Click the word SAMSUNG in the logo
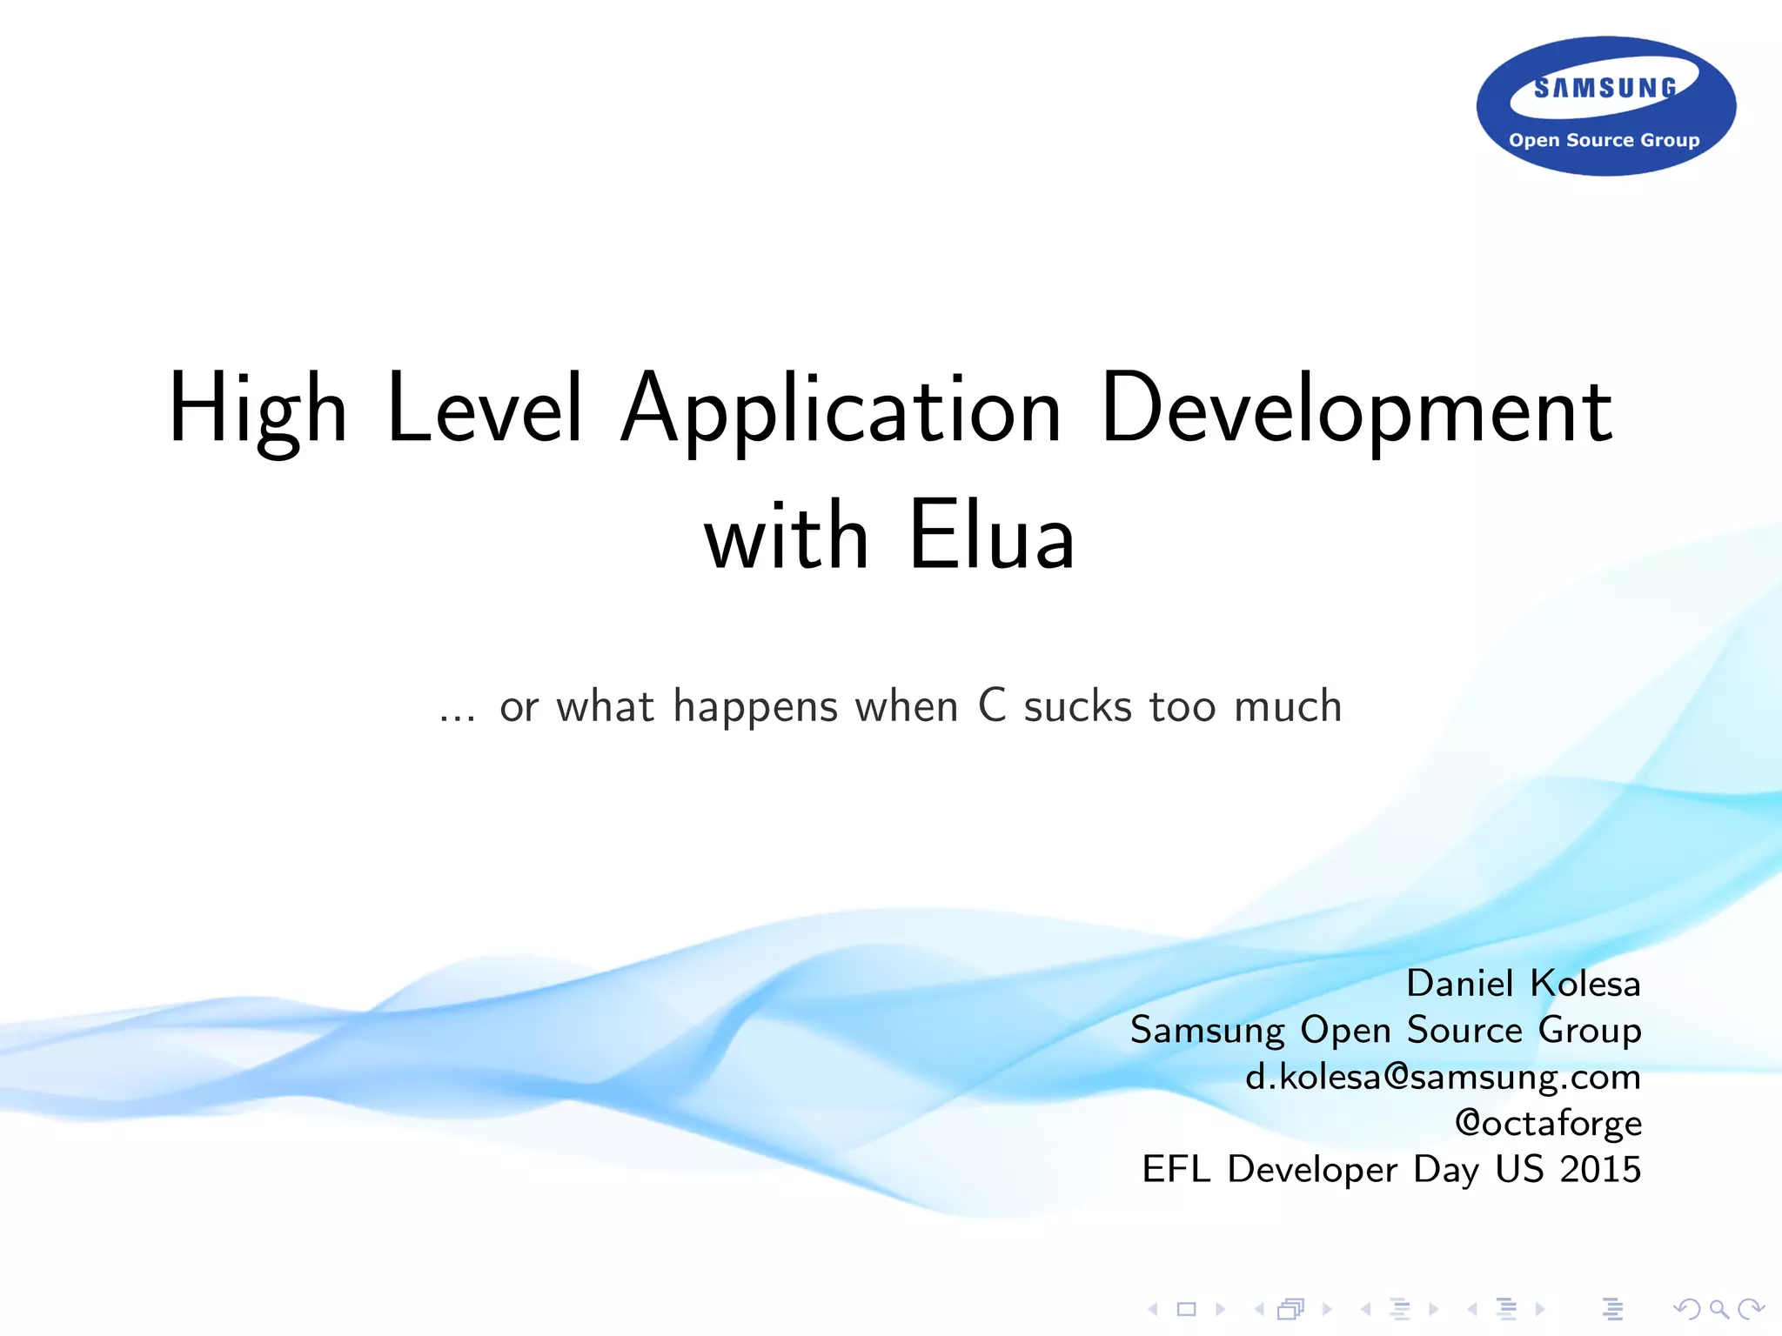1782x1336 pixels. point(1605,88)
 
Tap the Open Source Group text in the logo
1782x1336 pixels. point(1604,140)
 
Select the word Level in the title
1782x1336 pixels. point(484,409)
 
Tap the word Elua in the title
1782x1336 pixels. point(992,537)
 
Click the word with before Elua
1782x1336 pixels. point(787,537)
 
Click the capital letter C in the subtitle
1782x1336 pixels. point(992,705)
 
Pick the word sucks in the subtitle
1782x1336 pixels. point(1077,705)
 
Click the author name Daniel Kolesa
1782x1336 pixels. point(1523,984)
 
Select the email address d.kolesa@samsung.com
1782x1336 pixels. point(1443,1077)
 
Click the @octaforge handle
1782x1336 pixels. point(1548,1123)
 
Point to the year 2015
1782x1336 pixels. point(1600,1169)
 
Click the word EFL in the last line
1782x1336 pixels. point(1176,1169)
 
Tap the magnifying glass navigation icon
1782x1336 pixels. point(1718,1308)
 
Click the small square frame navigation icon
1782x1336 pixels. point(1187,1308)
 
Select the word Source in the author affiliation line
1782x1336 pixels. point(1464,1030)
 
